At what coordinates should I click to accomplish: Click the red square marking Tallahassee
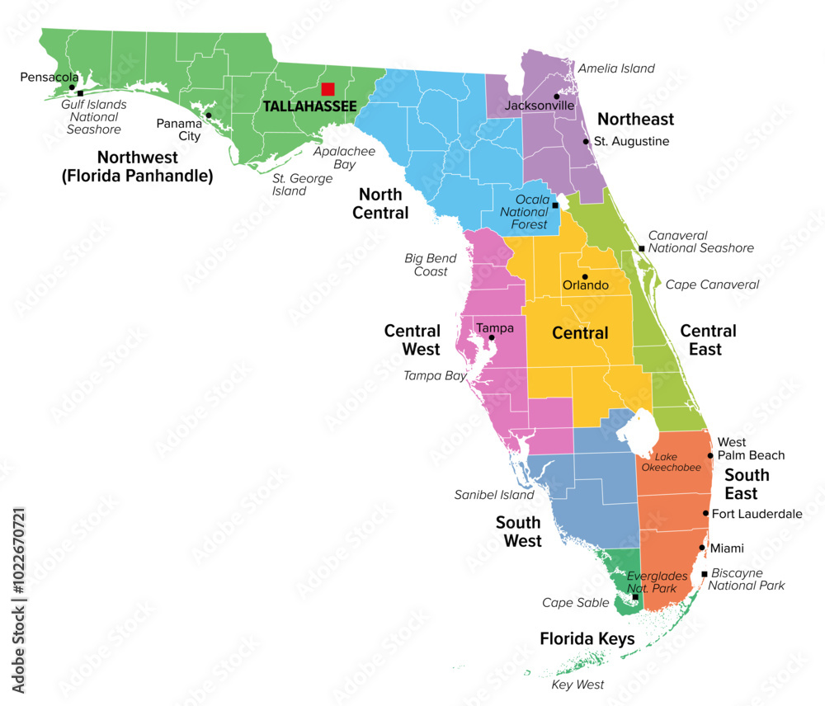click(328, 89)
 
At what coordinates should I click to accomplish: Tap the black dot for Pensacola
click(73, 87)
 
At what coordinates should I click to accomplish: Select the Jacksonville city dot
click(557, 96)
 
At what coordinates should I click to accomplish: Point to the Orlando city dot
click(585, 276)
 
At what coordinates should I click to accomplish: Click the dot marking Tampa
click(492, 337)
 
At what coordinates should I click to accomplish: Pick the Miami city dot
click(702, 548)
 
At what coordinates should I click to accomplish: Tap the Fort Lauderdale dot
click(705, 513)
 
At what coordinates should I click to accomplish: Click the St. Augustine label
click(631, 141)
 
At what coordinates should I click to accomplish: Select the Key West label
click(577, 685)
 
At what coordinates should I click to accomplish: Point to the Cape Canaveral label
click(712, 285)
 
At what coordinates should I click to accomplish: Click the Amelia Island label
click(616, 68)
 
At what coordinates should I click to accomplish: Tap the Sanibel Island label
click(494, 495)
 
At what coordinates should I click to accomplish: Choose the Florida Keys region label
click(587, 639)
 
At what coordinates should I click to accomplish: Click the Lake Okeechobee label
click(678, 462)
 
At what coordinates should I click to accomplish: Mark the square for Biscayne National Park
click(704, 574)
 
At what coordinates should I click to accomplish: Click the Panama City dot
click(209, 115)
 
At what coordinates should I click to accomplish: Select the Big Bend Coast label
click(431, 265)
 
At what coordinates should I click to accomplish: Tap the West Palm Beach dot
click(710, 455)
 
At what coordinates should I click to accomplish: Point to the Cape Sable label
click(575, 603)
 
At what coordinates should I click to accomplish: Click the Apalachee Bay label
click(344, 158)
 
